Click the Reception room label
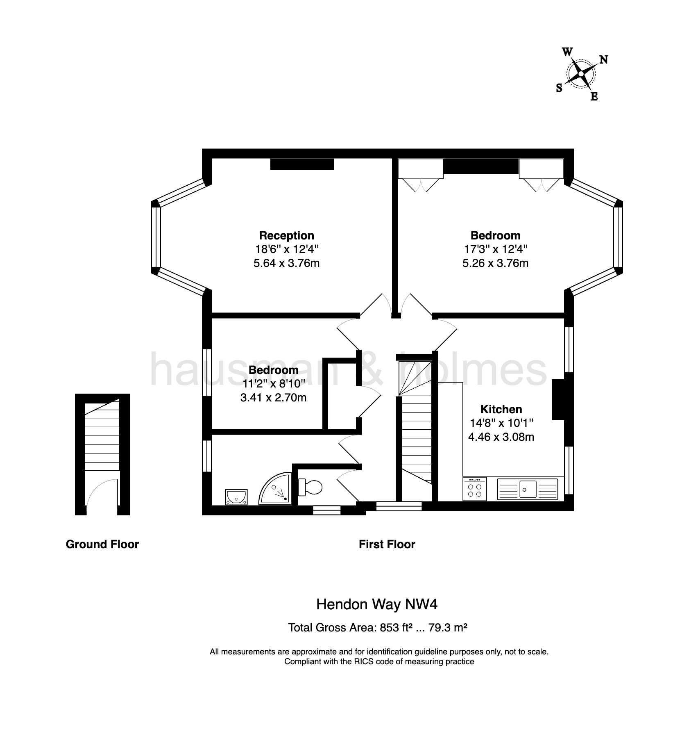[x=286, y=235]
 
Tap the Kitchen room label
[x=501, y=409]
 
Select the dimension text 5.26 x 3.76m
[x=495, y=263]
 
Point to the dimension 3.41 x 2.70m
[x=273, y=398]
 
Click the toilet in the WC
[x=311, y=487]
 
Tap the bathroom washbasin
[x=236, y=497]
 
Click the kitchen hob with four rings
[x=475, y=490]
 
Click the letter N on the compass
[x=603, y=59]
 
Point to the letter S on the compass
[x=559, y=88]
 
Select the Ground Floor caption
[x=102, y=545]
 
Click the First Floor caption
[x=387, y=545]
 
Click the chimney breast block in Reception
[x=302, y=164]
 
